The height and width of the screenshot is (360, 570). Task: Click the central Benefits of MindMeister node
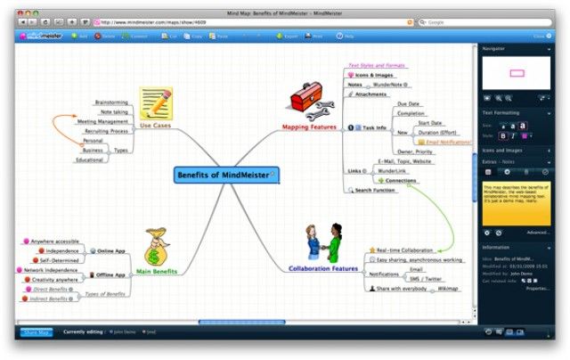224,175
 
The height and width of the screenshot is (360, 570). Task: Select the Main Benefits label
158,271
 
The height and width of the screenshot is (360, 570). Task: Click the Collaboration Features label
323,268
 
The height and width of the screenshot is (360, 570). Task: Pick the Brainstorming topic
110,102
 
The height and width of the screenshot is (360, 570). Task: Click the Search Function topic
375,190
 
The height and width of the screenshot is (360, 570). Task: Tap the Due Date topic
409,104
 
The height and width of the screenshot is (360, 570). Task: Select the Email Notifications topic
448,142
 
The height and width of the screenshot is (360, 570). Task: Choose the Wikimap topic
448,289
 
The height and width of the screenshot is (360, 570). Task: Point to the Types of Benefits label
103,294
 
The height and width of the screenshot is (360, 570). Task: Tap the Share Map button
36,332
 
